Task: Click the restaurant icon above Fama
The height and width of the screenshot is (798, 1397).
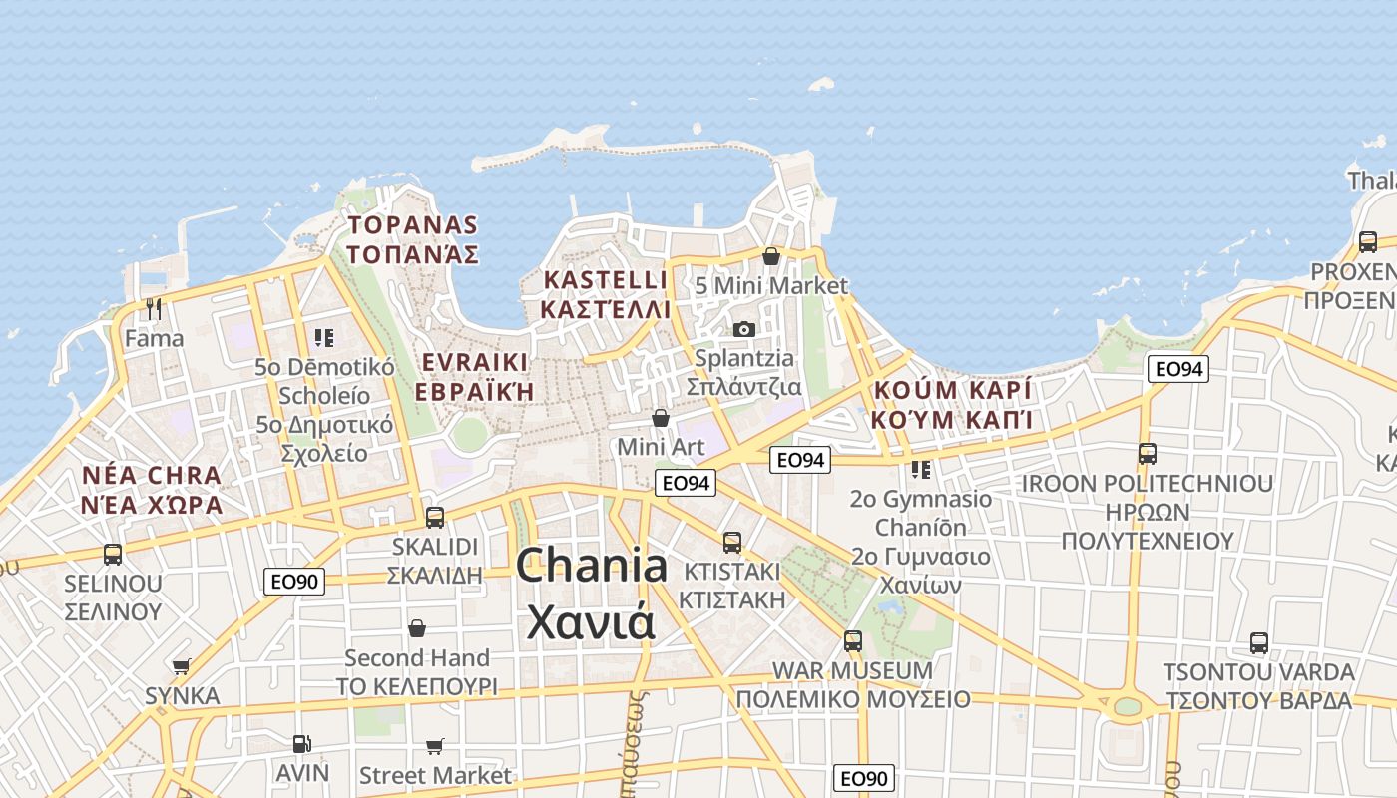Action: pyautogui.click(x=154, y=308)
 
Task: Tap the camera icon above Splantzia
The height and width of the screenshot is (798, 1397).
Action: pyautogui.click(x=744, y=329)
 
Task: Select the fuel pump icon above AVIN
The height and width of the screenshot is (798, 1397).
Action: pyautogui.click(x=301, y=744)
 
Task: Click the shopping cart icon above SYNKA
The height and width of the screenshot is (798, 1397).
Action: pyautogui.click(x=182, y=666)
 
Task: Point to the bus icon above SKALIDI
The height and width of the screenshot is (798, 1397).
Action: pyautogui.click(x=435, y=517)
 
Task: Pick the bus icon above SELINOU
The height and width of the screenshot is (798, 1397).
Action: pyautogui.click(x=113, y=554)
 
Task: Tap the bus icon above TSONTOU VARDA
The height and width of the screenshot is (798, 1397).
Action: pyautogui.click(x=1259, y=643)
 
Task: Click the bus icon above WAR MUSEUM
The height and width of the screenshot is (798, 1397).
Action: pyautogui.click(x=852, y=640)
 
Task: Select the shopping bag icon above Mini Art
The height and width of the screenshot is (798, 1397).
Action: pyautogui.click(x=660, y=418)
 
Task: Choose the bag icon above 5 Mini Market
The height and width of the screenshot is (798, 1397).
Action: pyautogui.click(x=771, y=256)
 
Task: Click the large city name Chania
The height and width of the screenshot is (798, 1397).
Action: pyautogui.click(x=592, y=566)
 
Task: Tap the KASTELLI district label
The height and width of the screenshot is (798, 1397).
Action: pyautogui.click(x=605, y=279)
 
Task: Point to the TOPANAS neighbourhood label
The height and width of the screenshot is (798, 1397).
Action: pyautogui.click(x=412, y=225)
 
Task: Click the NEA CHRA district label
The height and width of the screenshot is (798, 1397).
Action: pyautogui.click(x=153, y=475)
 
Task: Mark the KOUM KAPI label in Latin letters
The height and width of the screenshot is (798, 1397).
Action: pyautogui.click(x=952, y=390)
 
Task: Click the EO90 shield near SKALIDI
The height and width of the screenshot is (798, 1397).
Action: pyautogui.click(x=294, y=581)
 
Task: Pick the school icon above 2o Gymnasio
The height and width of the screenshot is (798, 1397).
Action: pyautogui.click(x=920, y=469)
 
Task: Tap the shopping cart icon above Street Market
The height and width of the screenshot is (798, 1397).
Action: pyautogui.click(x=435, y=746)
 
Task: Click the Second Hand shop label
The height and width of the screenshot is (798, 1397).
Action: pyautogui.click(x=417, y=658)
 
